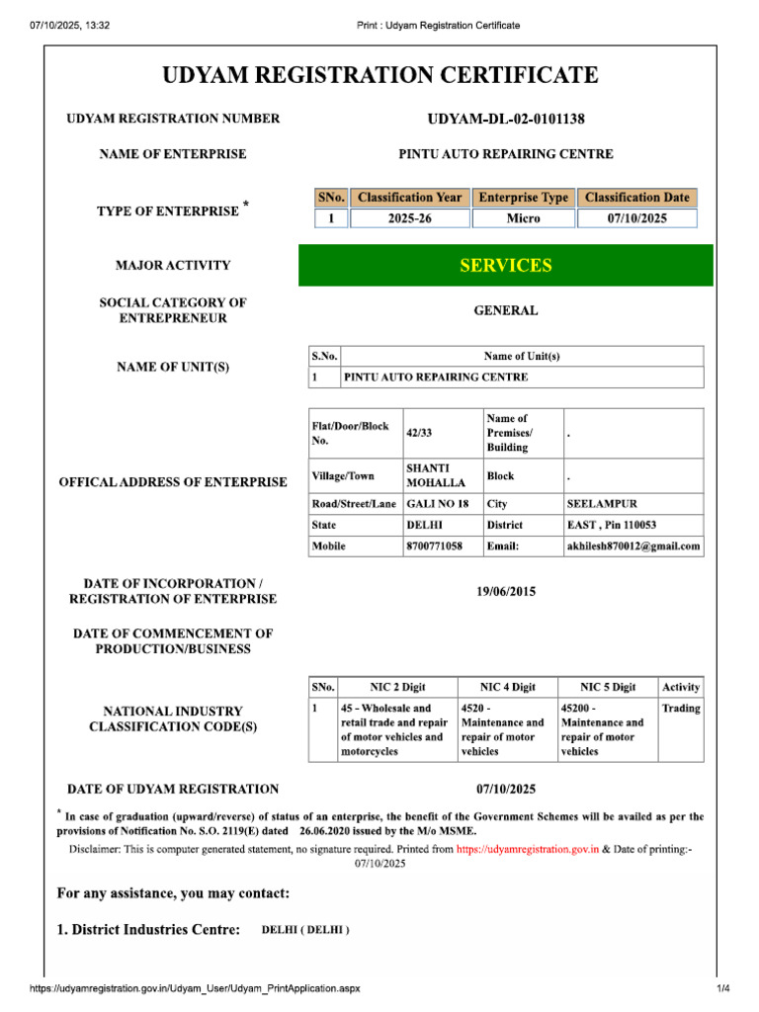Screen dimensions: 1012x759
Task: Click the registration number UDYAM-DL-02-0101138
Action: [505, 120]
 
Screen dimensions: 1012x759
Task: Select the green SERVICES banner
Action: [505, 265]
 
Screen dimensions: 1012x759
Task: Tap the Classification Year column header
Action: [409, 198]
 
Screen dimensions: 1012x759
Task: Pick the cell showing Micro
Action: [523, 218]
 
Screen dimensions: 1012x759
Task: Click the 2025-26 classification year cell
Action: [409, 218]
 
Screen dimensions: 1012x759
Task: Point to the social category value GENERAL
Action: [505, 310]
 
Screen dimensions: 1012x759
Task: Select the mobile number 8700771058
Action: [434, 546]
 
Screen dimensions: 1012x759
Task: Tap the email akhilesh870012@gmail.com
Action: [632, 546]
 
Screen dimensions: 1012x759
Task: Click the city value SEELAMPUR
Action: [602, 504]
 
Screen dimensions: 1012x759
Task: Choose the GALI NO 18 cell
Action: [437, 504]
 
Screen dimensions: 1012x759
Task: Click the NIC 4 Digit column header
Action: [507, 687]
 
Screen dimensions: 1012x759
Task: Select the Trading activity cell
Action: [681, 709]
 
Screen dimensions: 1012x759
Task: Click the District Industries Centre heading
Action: [148, 930]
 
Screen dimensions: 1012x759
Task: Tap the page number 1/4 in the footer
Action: [722, 989]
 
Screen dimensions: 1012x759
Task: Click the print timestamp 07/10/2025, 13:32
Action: [69, 25]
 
